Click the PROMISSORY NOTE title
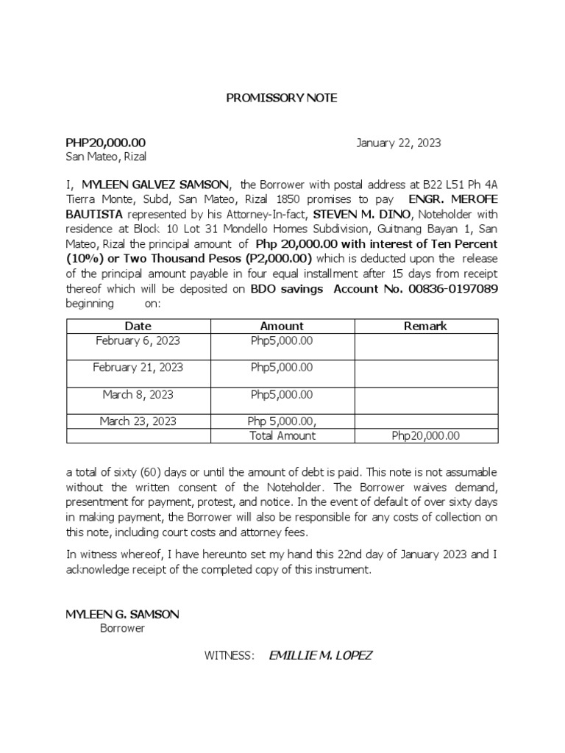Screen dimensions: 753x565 282,98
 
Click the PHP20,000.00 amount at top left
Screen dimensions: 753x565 106,143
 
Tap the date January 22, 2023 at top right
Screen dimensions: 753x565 399,143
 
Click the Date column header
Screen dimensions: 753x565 138,326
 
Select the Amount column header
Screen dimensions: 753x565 282,326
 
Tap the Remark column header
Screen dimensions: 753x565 425,326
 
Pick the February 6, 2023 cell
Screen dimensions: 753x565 138,340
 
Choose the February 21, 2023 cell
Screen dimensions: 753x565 138,367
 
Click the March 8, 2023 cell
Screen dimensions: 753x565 138,394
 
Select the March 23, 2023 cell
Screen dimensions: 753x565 138,421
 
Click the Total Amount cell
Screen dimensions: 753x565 282,435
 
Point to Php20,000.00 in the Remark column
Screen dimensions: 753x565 426,435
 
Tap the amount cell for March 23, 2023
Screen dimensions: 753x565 282,421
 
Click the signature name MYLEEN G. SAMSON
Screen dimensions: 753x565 122,614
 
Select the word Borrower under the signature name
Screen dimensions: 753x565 122,629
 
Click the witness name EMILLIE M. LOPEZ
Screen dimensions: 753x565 321,655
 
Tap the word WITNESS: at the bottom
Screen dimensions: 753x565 230,655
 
